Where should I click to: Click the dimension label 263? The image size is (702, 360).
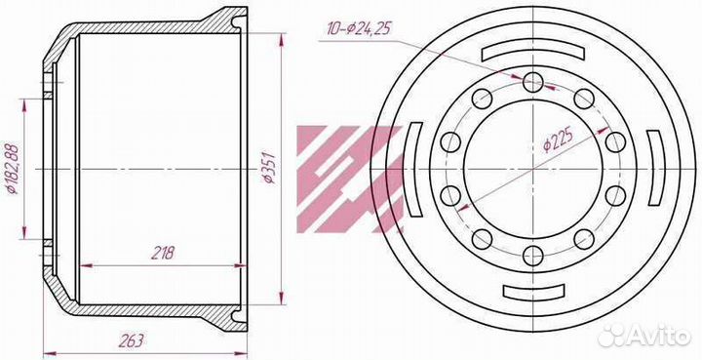tap(132, 340)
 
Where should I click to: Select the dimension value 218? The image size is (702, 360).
tap(162, 253)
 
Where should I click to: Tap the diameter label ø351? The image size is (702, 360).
tap(270, 168)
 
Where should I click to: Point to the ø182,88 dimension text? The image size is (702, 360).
tap(12, 169)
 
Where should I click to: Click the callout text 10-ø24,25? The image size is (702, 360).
tap(359, 28)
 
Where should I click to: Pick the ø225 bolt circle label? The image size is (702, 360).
tap(558, 141)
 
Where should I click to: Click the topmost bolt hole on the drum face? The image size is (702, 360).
tap(532, 82)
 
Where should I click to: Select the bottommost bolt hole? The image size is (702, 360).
tap(532, 256)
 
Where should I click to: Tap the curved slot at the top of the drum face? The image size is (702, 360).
tap(532, 52)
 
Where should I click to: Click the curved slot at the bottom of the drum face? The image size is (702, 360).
tap(533, 292)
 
